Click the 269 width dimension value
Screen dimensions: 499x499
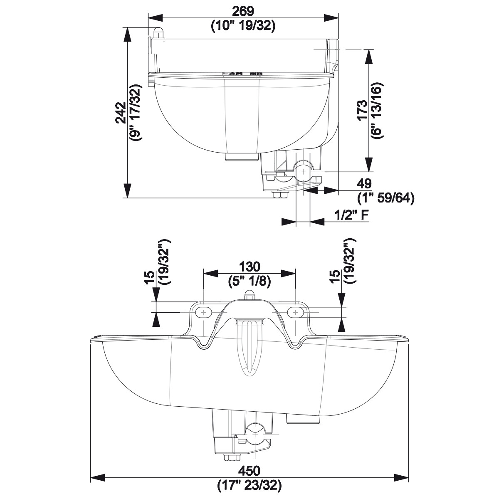(x=243, y=11)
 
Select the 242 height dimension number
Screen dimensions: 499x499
(x=121, y=113)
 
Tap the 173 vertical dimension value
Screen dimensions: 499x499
(x=362, y=110)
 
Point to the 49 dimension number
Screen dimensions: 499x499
(x=364, y=184)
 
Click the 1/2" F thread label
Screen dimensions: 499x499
(x=352, y=215)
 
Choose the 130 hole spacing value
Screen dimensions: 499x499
(x=249, y=267)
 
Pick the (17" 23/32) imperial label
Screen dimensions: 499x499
(x=249, y=484)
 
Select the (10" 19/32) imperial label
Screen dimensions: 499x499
(x=243, y=26)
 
